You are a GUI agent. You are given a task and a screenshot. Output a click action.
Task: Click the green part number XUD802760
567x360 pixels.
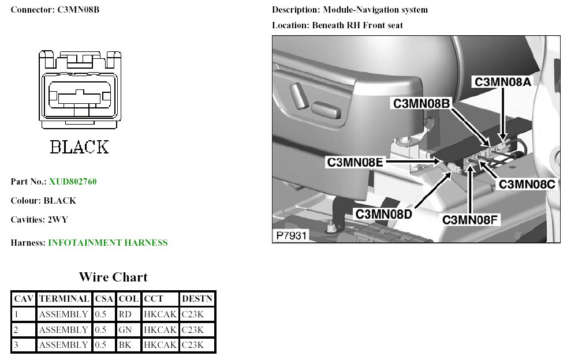click(73, 182)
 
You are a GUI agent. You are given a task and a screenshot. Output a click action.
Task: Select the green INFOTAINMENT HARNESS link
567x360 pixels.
click(108, 243)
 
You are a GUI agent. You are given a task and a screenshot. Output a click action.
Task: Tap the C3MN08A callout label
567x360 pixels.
click(502, 82)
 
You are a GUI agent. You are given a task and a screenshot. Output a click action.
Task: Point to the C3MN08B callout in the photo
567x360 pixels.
click(421, 104)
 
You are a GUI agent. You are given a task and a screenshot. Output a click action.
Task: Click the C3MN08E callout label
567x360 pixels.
click(355, 162)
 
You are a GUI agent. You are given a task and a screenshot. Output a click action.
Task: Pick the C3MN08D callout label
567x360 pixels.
click(383, 214)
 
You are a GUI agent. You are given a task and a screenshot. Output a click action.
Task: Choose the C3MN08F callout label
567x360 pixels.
click(470, 220)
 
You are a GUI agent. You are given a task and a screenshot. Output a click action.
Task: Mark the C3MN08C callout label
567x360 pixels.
click(527, 185)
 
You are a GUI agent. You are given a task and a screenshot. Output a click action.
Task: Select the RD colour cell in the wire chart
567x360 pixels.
click(125, 314)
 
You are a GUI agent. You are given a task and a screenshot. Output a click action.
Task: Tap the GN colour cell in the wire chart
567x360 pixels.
click(125, 330)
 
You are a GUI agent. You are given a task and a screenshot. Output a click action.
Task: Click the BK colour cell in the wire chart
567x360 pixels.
click(125, 345)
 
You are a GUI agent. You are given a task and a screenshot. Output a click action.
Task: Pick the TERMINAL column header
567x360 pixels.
click(64, 299)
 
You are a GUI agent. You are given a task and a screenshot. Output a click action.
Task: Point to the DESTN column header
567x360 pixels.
click(197, 299)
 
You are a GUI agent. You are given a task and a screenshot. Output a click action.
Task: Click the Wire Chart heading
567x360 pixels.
click(113, 277)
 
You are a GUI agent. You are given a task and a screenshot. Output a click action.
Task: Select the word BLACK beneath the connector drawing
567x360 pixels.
click(79, 147)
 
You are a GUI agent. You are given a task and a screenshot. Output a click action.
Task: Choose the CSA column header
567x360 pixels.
click(104, 299)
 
